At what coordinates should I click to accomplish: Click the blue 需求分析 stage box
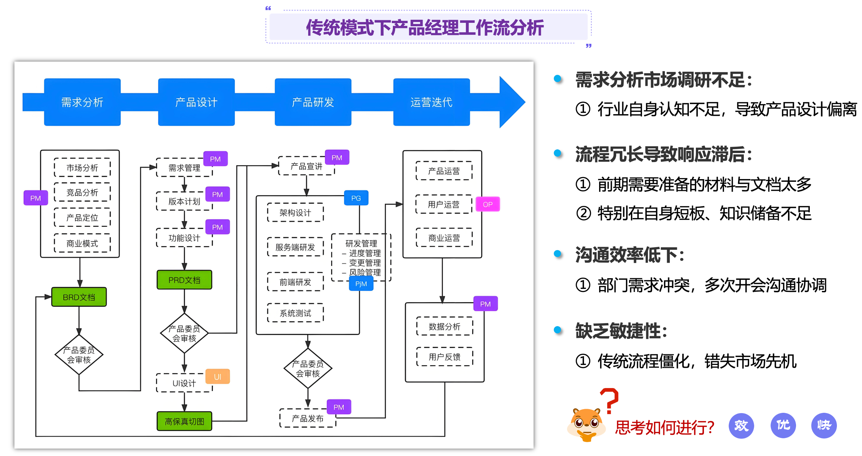click(x=82, y=102)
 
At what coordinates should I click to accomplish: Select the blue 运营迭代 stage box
click(x=431, y=102)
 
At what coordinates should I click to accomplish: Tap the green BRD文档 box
click(x=79, y=297)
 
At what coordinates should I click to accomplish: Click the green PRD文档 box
click(x=184, y=280)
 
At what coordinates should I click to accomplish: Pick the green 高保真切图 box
click(x=184, y=421)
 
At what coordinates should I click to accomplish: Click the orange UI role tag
click(x=217, y=377)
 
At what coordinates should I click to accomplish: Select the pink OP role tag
click(x=488, y=204)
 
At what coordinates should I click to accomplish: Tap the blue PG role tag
click(x=356, y=198)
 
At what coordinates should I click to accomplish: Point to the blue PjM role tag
click(x=361, y=284)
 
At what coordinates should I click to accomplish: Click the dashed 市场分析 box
click(x=82, y=167)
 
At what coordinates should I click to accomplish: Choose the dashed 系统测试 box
click(x=295, y=313)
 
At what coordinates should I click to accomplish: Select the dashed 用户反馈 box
click(x=444, y=357)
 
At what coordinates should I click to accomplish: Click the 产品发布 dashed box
click(x=307, y=419)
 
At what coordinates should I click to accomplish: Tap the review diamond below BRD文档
click(x=79, y=355)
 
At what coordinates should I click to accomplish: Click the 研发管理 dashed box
click(x=361, y=257)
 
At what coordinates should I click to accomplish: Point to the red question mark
click(x=609, y=400)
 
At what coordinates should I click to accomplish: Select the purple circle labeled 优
click(x=783, y=425)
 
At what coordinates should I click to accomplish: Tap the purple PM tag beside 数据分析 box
click(x=485, y=304)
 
